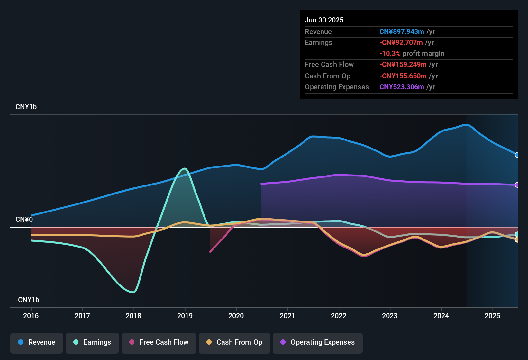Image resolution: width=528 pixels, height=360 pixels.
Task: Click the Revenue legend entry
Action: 37,342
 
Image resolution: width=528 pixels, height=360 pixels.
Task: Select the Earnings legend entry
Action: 92,342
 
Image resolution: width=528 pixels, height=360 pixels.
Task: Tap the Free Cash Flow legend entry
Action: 159,342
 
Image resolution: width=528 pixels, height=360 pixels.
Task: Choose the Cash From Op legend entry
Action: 234,342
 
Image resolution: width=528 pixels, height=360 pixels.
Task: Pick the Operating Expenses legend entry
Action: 318,342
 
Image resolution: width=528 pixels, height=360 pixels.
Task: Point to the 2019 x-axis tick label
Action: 185,316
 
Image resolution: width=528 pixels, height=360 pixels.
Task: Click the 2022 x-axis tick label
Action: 339,316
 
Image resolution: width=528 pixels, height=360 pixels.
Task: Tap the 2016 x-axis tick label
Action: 31,316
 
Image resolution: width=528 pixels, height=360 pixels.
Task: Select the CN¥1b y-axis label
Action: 26,107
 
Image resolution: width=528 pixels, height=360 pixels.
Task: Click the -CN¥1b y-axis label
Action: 27,300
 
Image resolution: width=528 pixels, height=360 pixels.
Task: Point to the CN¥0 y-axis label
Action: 24,220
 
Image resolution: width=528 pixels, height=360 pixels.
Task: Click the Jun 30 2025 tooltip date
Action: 324,20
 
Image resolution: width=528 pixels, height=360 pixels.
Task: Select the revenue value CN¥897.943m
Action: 402,32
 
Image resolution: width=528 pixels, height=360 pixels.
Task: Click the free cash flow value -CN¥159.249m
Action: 403,65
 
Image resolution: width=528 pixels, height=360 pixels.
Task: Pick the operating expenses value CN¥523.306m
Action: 402,87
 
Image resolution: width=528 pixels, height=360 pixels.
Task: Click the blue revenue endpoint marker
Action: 517,155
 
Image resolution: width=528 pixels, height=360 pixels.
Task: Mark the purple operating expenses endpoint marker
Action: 517,185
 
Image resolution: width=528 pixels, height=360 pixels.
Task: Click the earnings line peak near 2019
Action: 184,168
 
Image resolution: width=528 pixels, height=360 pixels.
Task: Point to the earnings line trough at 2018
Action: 133,292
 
